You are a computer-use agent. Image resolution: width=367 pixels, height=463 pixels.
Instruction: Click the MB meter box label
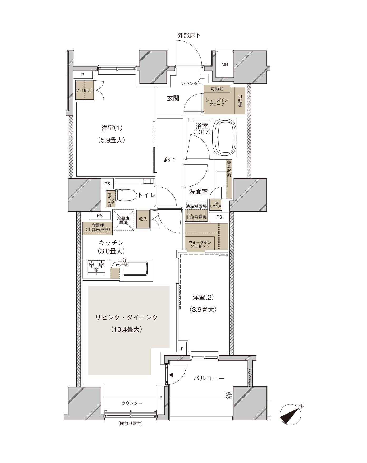point(225,64)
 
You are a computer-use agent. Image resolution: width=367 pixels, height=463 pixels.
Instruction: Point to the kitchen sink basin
point(135,268)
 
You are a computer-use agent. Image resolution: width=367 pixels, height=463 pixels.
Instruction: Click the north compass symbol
point(290,414)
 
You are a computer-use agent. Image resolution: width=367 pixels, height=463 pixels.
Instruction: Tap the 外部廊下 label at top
point(189,35)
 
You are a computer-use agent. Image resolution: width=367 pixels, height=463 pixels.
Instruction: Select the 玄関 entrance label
point(173,98)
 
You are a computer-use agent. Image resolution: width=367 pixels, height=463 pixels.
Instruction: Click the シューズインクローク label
point(217,102)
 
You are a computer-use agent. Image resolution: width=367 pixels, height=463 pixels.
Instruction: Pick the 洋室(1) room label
point(112,128)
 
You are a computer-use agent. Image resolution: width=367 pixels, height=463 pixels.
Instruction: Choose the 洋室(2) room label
point(203,298)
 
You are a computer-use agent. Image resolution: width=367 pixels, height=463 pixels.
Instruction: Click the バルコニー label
point(209,379)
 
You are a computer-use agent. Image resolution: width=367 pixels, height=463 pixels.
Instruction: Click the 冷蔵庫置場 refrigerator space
point(123,220)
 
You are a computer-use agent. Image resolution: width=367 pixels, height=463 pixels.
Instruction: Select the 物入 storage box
point(143,219)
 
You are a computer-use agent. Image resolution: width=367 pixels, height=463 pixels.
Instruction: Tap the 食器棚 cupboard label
point(98,228)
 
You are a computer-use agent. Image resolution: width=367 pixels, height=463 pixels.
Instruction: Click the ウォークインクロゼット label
point(200,244)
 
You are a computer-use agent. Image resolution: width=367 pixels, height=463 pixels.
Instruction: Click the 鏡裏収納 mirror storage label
point(229,168)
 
